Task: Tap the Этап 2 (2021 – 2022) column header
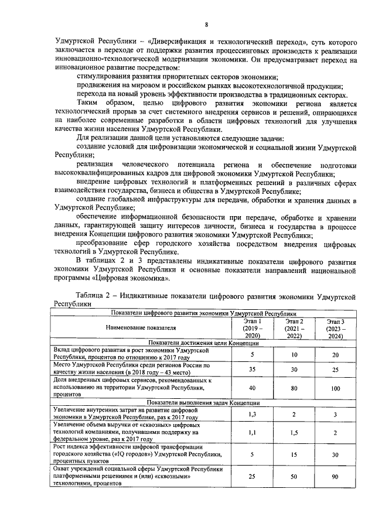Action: (x=294, y=329)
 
